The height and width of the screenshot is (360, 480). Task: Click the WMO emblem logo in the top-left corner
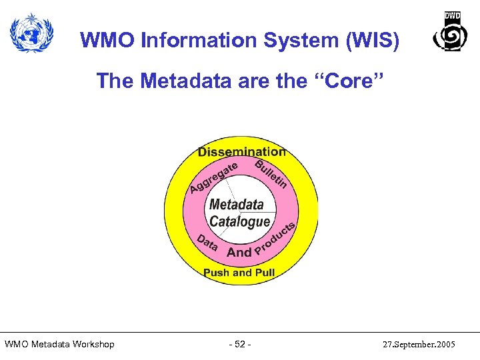point(31,31)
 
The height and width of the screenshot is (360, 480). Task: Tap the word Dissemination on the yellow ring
point(241,152)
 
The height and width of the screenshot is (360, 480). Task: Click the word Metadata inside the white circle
point(237,204)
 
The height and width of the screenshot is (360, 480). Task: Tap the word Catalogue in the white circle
point(239,221)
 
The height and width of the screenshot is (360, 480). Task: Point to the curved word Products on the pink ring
point(275,241)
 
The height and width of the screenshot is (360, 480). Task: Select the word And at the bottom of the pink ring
point(239,252)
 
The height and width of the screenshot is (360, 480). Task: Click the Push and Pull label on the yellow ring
point(239,272)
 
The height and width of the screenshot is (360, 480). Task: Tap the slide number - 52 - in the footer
point(239,344)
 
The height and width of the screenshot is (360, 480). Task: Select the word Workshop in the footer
point(90,344)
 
